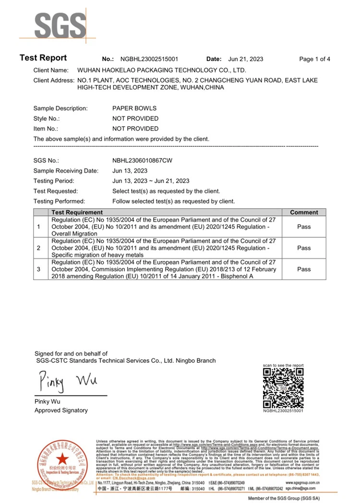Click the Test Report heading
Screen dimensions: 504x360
coord(43,58)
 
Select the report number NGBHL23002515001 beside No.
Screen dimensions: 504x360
coord(149,59)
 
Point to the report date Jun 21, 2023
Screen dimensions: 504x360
coord(246,59)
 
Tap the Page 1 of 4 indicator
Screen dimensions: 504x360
coord(314,59)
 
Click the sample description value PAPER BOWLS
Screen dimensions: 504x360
coord(134,108)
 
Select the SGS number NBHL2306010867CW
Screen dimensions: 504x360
coord(142,161)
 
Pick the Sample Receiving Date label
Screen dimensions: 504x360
coord(66,171)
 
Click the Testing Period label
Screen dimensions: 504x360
coord(54,181)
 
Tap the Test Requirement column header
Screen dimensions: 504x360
coord(77,212)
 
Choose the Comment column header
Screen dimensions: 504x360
coord(304,212)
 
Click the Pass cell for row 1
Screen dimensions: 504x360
coord(304,227)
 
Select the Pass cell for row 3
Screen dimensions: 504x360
coord(304,269)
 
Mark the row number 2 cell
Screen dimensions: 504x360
coord(39,248)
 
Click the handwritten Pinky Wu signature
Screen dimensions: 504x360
coord(68,382)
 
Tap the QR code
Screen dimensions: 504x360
coord(284,388)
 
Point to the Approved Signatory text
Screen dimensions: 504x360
coord(61,410)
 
